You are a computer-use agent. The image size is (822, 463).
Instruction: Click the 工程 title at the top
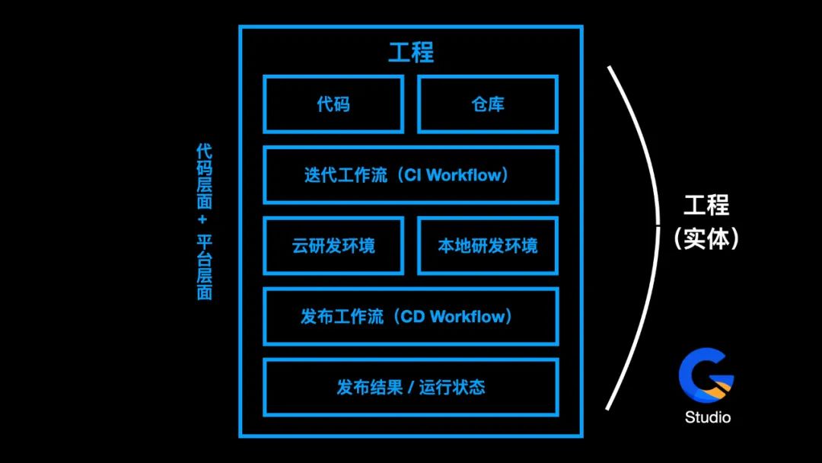[x=411, y=53]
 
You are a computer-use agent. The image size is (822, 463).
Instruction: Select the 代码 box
[x=333, y=104]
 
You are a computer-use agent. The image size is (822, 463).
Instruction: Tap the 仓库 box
[x=488, y=104]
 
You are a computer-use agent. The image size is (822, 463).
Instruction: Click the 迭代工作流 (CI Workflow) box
[x=411, y=175]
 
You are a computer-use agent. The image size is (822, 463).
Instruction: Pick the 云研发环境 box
[x=333, y=246]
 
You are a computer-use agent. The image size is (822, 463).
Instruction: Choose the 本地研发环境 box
[x=488, y=246]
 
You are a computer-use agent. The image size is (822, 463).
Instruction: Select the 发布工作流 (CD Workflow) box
[x=411, y=317]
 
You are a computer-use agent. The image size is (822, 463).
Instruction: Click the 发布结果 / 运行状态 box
[x=411, y=388]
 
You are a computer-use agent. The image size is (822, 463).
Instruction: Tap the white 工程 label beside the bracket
[x=706, y=206]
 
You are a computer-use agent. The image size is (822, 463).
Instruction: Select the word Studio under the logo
[x=707, y=417]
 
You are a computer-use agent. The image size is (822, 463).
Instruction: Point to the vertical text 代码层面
[x=204, y=177]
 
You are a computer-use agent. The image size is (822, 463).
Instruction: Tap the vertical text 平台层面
[x=204, y=267]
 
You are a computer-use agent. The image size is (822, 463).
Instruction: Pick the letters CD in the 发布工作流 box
[x=412, y=317]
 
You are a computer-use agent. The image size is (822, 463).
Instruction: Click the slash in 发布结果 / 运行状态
[x=410, y=388]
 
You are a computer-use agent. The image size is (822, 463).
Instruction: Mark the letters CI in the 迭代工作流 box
[x=413, y=175]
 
